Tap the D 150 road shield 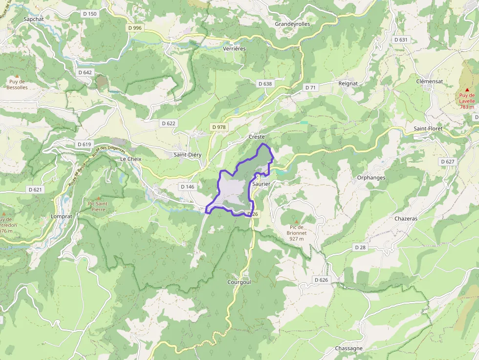tap(90, 14)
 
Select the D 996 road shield tap(134, 28)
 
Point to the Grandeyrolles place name tap(292, 23)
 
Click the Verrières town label tap(234, 49)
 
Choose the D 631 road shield tap(400, 40)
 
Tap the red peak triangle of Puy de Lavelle tap(467, 89)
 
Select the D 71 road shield tap(310, 87)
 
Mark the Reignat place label tap(348, 84)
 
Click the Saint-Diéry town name tap(188, 154)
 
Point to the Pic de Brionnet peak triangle tap(296, 221)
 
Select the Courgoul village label tap(239, 282)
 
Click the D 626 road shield tap(321, 280)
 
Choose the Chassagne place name tap(349, 348)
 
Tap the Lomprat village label tap(62, 215)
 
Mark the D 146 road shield tap(187, 187)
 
